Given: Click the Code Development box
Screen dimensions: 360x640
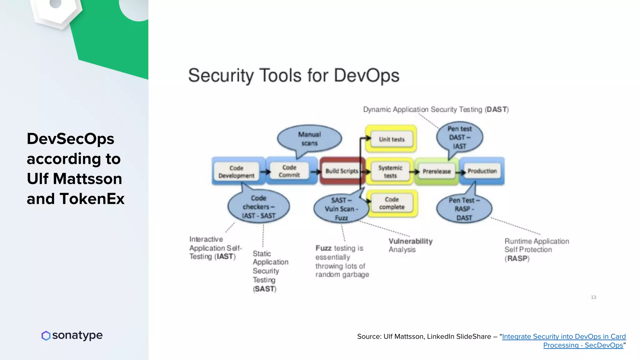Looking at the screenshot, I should click(x=237, y=172).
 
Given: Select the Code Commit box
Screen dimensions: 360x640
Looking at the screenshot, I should click(x=289, y=171).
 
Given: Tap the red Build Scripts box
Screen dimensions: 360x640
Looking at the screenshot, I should click(x=342, y=171).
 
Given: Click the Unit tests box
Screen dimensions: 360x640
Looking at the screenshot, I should click(x=392, y=139).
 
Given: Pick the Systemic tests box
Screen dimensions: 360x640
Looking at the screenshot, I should click(x=390, y=172).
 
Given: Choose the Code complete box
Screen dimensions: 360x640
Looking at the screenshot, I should click(x=392, y=203).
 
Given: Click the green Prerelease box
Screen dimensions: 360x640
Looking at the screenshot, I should click(x=437, y=172).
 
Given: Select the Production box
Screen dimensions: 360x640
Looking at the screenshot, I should click(x=482, y=171).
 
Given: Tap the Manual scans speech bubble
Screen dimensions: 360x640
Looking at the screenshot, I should click(x=309, y=139).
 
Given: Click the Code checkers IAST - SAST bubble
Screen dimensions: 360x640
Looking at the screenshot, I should click(x=258, y=207).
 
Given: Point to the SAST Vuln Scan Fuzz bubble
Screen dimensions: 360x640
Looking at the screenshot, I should click(x=341, y=209).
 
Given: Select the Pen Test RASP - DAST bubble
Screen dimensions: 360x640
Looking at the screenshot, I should click(x=464, y=209).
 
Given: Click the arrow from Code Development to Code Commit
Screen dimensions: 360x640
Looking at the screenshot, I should click(x=265, y=172).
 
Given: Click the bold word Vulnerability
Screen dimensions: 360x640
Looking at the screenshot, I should click(x=410, y=241).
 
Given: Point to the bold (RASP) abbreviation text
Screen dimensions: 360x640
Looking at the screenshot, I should click(x=517, y=259).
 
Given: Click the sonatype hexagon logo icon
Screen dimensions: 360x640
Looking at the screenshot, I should click(x=46, y=336).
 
